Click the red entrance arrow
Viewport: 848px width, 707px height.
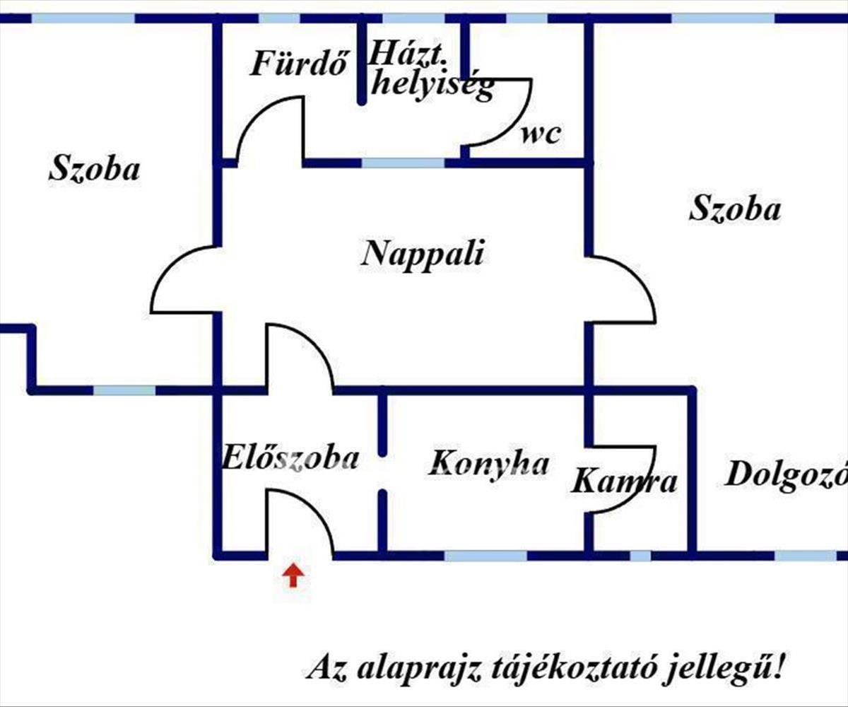[293, 575]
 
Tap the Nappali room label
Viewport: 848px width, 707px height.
[423, 253]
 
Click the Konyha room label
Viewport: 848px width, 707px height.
[489, 463]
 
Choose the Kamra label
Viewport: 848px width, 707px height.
[624, 482]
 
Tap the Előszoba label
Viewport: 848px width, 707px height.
[290, 458]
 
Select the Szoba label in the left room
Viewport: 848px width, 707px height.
[94, 170]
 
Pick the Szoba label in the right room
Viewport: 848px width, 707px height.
[735, 209]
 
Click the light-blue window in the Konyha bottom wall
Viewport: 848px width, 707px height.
[485, 556]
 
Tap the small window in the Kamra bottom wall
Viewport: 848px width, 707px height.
[640, 556]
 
